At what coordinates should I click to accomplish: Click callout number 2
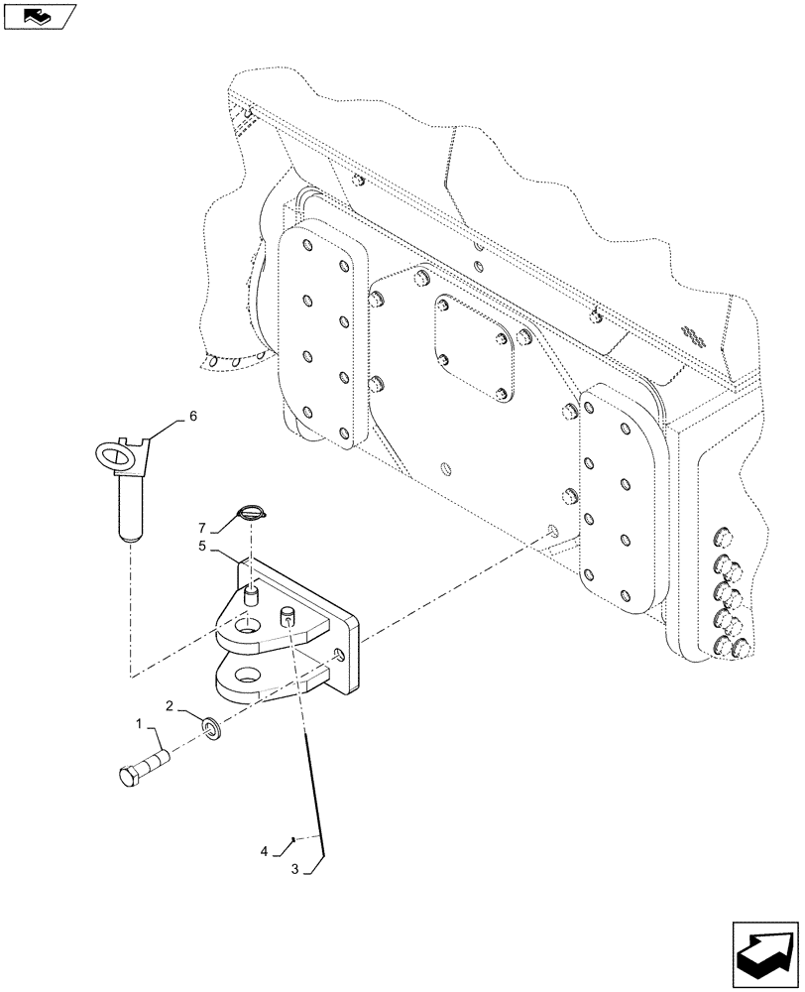point(170,707)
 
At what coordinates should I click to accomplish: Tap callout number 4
point(264,850)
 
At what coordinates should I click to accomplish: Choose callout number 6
point(192,417)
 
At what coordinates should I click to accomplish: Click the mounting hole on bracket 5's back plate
point(340,656)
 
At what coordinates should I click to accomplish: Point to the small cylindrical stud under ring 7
point(251,596)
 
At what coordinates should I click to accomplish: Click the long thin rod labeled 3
point(314,784)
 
